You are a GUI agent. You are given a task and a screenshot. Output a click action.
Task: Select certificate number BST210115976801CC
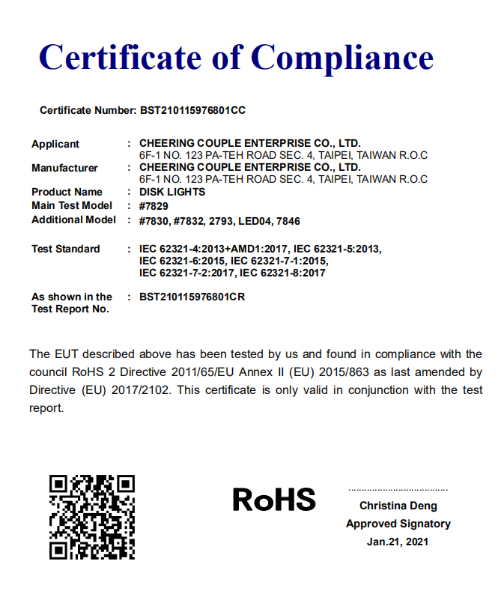[x=192, y=110]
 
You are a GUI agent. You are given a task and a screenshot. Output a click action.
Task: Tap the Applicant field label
[x=55, y=144]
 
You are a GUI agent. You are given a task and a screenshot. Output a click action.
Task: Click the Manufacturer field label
[x=64, y=168]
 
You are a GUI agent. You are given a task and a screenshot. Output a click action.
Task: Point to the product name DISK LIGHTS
[x=172, y=192]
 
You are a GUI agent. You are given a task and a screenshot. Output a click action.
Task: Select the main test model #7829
[x=154, y=206]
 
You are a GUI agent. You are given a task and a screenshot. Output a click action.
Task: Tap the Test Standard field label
[x=65, y=249]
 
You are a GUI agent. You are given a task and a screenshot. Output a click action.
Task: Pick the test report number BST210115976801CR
[x=192, y=297]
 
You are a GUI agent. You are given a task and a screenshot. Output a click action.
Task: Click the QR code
[x=92, y=517]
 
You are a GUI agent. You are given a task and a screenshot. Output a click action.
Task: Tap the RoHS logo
[x=274, y=499]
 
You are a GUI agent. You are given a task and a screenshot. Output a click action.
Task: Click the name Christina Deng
[x=398, y=506]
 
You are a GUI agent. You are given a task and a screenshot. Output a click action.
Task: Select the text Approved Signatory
[x=398, y=524]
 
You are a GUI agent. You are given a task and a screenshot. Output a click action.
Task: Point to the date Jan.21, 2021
[x=398, y=542]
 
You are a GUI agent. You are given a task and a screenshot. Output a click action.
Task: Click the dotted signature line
[x=398, y=489]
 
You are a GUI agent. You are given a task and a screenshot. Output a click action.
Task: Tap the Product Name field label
[x=67, y=192]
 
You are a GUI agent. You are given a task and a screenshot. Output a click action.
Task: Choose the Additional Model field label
[x=73, y=219]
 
